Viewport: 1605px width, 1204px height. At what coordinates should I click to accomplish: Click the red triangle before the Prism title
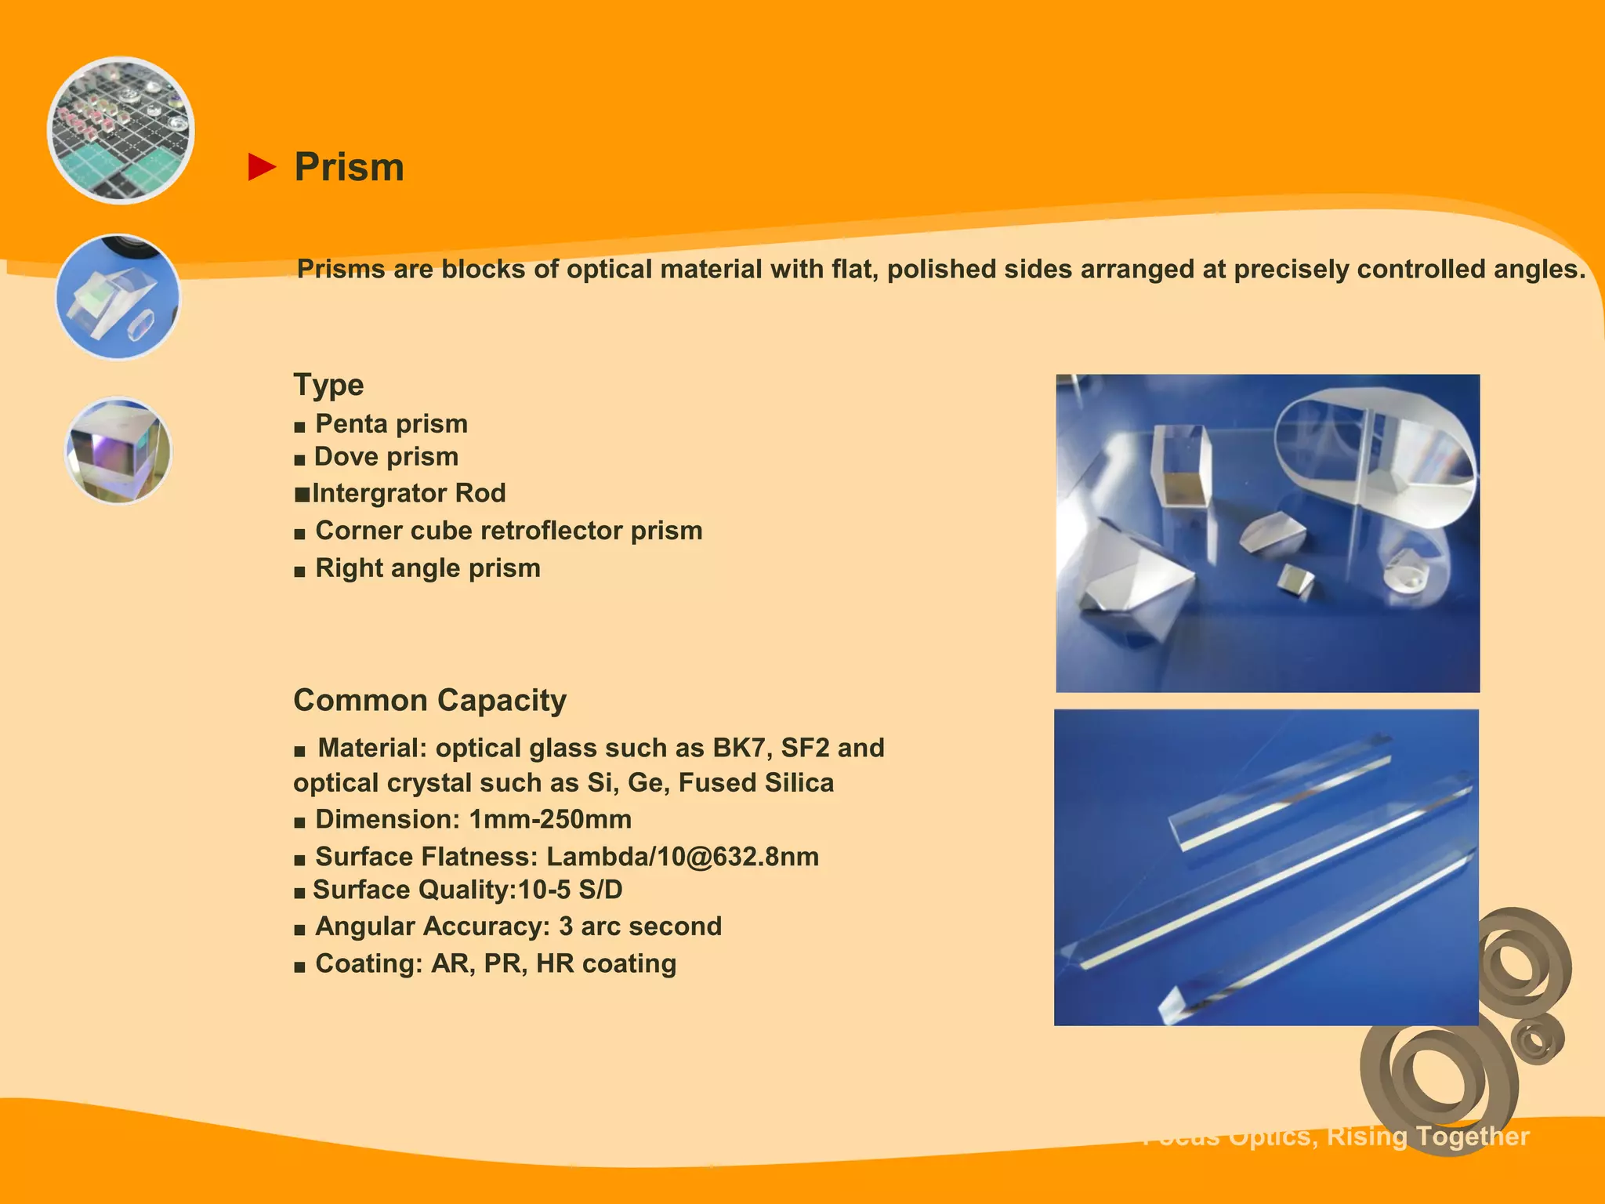coord(262,167)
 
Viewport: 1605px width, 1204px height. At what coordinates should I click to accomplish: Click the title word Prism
coord(350,167)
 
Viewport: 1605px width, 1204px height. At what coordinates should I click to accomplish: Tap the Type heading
coord(328,385)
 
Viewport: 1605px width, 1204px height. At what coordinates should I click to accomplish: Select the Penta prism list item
coord(391,424)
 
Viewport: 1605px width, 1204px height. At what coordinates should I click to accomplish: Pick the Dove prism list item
coord(386,457)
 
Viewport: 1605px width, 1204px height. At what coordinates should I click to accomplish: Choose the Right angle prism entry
coord(428,568)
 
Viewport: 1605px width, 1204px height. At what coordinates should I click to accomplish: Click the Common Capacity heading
coord(429,700)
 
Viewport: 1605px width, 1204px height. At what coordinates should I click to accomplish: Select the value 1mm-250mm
coord(550,820)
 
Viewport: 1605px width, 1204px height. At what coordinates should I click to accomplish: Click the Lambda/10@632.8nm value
coord(682,857)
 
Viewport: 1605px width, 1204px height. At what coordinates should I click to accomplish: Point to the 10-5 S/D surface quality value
coord(570,890)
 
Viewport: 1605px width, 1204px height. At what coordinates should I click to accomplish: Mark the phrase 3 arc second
coord(639,927)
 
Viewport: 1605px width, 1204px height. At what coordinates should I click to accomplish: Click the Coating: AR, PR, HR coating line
coord(495,963)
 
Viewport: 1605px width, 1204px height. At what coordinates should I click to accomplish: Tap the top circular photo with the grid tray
coord(121,130)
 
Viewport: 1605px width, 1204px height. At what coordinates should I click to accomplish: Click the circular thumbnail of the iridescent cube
coord(118,450)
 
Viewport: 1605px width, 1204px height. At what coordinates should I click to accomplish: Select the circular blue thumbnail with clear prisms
coord(118,297)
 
